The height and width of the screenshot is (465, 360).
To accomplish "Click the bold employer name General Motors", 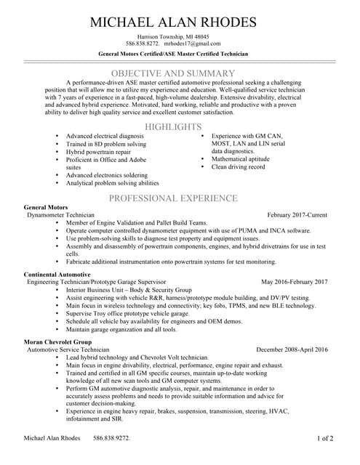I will tap(46, 208).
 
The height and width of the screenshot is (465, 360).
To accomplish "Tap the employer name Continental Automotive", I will tap(57, 274).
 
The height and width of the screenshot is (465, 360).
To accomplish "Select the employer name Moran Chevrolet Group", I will tap(58, 341).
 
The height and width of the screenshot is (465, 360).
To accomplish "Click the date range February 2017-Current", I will tap(297, 216).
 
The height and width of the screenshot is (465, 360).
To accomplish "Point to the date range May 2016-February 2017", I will tap(294, 282).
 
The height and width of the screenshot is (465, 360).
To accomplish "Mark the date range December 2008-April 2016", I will tap(292, 349).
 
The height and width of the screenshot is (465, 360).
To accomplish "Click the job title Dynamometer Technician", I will tap(60, 216).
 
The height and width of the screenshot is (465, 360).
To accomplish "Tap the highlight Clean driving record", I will tap(238, 167).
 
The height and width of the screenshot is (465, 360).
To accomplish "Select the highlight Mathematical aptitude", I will tap(241, 159).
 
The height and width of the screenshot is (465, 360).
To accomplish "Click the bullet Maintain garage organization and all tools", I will tap(121, 329).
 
